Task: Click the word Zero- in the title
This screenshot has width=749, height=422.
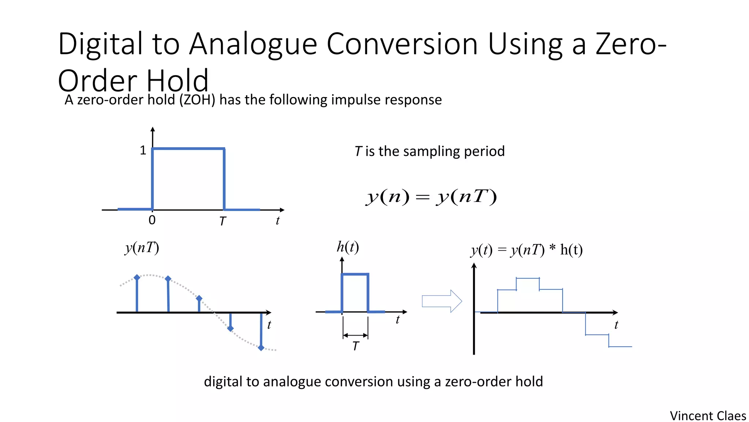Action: pos(631,44)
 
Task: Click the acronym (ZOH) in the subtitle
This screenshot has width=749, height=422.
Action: pos(197,100)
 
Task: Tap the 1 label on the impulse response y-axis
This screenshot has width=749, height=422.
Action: pos(143,150)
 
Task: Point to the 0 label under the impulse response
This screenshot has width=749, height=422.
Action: pos(152,220)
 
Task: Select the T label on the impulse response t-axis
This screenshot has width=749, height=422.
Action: pos(222,221)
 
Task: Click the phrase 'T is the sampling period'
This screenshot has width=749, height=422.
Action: pos(429,151)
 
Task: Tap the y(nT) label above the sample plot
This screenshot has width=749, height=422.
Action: pos(142,248)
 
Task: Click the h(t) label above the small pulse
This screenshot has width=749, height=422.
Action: pos(347,247)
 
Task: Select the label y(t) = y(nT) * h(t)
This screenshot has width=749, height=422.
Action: pos(527,250)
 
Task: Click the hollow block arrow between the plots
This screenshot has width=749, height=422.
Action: pos(442,301)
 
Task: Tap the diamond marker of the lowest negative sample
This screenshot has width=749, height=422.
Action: pos(261,348)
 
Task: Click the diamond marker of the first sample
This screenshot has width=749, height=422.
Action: pos(137,278)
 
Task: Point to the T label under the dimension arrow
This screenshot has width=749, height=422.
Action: pos(355,346)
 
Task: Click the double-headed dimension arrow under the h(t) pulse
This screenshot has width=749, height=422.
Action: pos(355,335)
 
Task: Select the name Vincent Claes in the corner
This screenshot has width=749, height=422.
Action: pos(708,416)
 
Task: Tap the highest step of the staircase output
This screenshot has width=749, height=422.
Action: pos(528,278)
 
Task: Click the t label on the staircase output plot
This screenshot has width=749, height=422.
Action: pos(616,325)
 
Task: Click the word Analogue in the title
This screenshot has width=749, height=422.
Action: pos(253,44)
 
